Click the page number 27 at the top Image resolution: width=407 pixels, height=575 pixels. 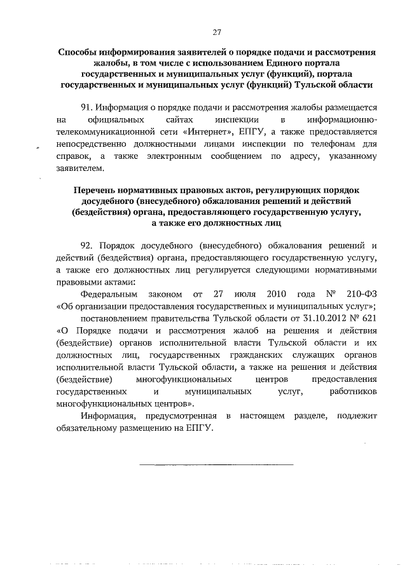[216, 32]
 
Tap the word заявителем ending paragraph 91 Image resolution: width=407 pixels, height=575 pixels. [78, 168]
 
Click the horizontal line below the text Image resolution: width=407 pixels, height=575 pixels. [216, 465]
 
